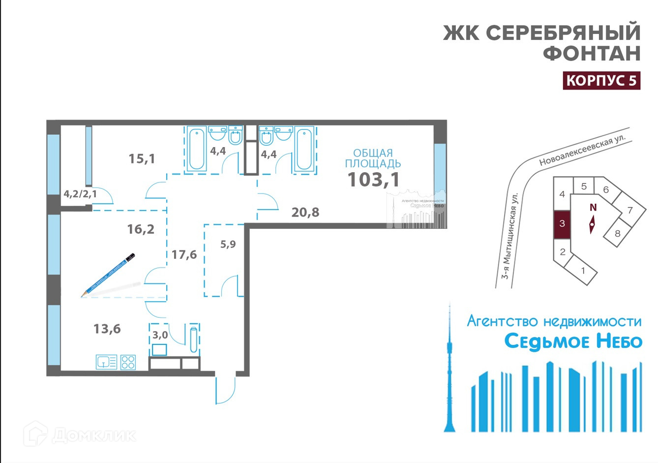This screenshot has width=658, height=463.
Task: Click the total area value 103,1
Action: point(373,180)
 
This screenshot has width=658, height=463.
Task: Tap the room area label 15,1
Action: point(142,158)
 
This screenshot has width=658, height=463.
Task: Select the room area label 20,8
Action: point(305,212)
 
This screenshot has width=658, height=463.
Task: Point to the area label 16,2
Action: point(141,229)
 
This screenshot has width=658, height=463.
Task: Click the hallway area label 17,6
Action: point(184,254)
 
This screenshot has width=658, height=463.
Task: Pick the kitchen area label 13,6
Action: point(107,328)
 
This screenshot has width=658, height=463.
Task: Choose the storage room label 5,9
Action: point(228,244)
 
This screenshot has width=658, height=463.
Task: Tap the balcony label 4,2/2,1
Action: point(80,194)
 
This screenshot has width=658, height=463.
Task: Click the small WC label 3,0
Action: point(160,335)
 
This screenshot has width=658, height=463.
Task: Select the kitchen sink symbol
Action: point(106,362)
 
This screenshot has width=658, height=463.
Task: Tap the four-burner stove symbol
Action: point(128,362)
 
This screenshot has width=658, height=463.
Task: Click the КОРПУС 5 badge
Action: point(601,80)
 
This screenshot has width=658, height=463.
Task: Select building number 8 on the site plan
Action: point(618,233)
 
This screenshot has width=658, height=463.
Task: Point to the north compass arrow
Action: point(592,225)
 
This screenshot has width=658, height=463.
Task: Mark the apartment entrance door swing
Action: point(225,391)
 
